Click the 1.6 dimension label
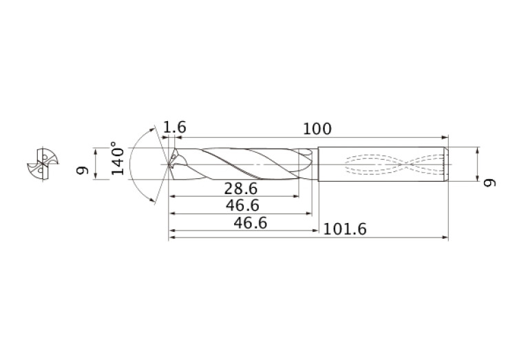[174, 127]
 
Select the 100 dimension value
[317, 128]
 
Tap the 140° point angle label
[118, 159]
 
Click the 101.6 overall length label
[344, 229]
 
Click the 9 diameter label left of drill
[82, 169]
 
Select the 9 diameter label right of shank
[489, 182]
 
